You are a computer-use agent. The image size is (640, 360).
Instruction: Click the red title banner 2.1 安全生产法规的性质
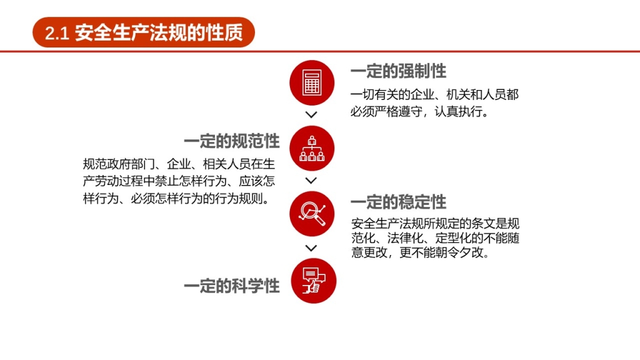[144, 32]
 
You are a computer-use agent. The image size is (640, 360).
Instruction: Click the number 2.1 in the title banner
[57, 33]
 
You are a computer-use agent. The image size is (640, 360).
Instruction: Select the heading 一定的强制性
[398, 71]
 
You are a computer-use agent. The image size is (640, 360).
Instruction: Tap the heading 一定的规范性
[232, 141]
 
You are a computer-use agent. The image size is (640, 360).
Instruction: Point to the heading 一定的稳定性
[398, 202]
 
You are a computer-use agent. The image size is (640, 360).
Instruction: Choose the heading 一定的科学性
[232, 286]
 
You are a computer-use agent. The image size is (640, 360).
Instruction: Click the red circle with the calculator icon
[312, 83]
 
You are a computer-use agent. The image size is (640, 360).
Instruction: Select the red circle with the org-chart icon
[312, 148]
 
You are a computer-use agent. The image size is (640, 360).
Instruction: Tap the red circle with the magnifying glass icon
[312, 214]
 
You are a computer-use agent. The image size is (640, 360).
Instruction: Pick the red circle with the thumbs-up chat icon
[314, 281]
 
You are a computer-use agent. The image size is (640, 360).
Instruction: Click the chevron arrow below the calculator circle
[311, 115]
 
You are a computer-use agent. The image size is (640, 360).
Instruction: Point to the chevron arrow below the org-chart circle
[311, 181]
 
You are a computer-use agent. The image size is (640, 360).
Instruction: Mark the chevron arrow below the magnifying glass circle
[311, 247]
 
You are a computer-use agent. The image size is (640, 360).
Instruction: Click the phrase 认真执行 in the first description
[458, 111]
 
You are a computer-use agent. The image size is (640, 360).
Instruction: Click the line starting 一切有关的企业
[435, 95]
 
